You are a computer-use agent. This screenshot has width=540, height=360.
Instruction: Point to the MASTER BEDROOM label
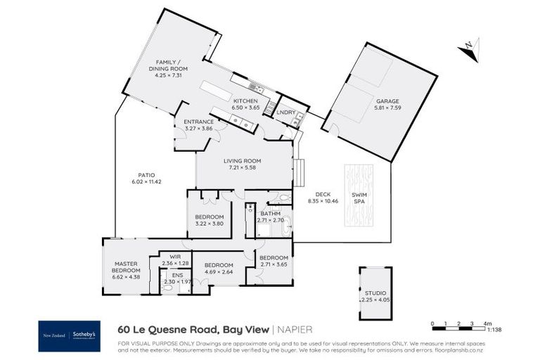pos(127,267)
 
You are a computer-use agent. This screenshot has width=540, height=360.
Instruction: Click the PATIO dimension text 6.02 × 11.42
pos(146,182)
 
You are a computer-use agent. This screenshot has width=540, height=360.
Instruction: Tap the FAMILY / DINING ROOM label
pos(168,66)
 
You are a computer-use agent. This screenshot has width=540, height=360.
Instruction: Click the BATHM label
pos(271,213)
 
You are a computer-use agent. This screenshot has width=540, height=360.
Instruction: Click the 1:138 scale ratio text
pos(496,330)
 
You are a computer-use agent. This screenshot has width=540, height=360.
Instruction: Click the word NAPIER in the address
pos(295,329)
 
